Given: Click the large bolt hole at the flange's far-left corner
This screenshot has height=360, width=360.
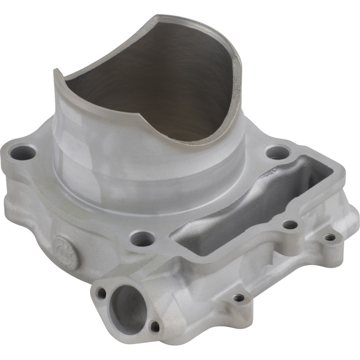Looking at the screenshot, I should pyautogui.click(x=23, y=153).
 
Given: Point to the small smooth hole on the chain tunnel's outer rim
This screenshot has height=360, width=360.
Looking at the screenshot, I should pyautogui.click(x=290, y=224).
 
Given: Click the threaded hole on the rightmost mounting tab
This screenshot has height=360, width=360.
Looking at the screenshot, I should pyautogui.click(x=331, y=237).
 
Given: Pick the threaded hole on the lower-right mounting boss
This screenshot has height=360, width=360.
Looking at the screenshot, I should pyautogui.click(x=239, y=297).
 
